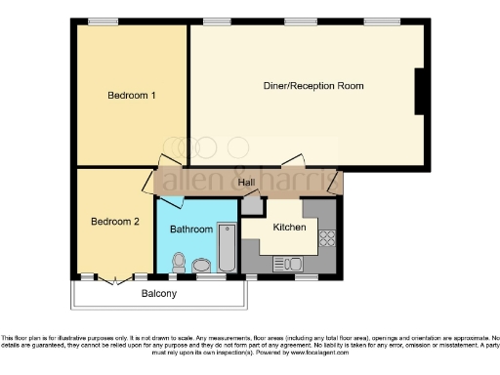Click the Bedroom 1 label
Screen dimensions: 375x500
coord(132,95)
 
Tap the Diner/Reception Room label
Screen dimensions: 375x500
coord(313,86)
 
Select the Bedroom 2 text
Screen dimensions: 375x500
coord(115,222)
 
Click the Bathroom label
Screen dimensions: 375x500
coord(191,229)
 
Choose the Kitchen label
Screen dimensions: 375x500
coord(290,228)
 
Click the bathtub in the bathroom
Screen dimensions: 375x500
coord(226,250)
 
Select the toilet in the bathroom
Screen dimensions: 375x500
coord(179,262)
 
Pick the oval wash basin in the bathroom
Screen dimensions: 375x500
coord(202,266)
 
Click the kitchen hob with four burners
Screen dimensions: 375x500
coord(327,236)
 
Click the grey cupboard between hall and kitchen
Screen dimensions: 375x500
coord(253,205)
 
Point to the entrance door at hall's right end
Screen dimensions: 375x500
coord(337,182)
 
